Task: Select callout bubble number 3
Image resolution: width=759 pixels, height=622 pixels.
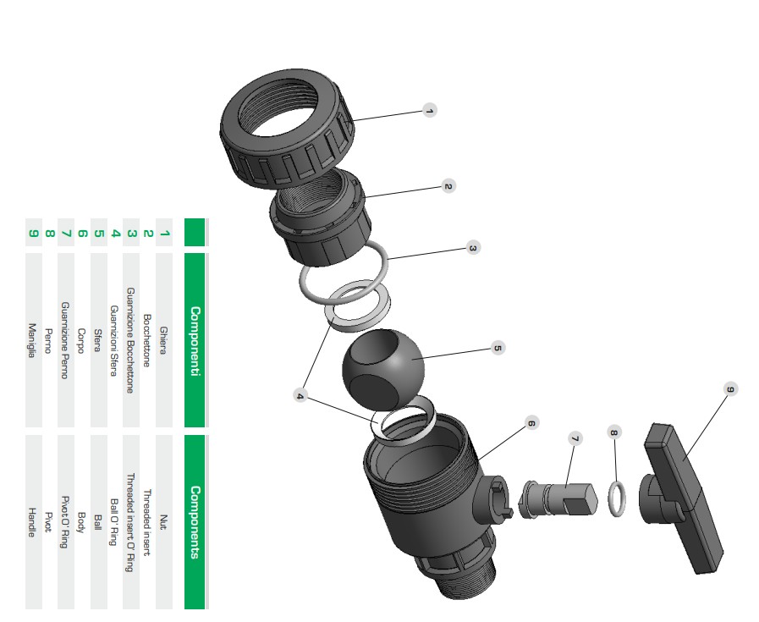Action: coord(473,248)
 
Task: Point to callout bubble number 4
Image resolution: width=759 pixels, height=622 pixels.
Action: coord(301,395)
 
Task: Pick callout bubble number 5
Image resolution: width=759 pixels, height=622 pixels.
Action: coord(498,348)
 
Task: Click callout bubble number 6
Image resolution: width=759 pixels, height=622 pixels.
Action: coord(531,426)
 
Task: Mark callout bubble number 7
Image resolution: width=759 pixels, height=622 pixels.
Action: coord(575,438)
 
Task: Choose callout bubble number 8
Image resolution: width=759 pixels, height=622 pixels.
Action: coord(614,432)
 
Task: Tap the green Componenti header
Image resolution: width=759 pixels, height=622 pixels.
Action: coord(195,339)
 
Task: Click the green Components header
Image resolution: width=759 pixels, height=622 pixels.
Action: coord(195,522)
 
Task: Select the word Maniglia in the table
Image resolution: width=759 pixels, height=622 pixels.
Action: coord(34,340)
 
